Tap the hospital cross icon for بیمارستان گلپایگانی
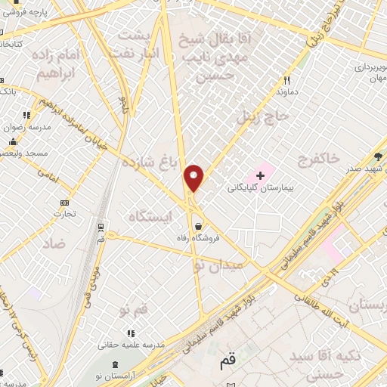261,175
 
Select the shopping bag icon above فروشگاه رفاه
198,225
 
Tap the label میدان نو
219,265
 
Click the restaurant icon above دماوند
286,79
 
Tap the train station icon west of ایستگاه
101,227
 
